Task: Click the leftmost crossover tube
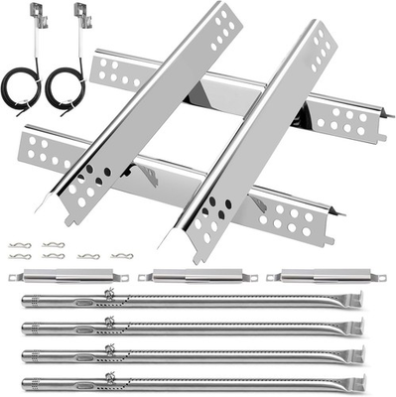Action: pyautogui.click(x=60, y=276)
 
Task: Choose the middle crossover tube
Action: pyautogui.click(x=189, y=276)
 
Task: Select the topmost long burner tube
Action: pyautogui.click(x=189, y=301)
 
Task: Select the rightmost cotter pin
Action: pyautogui.click(x=121, y=256)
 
